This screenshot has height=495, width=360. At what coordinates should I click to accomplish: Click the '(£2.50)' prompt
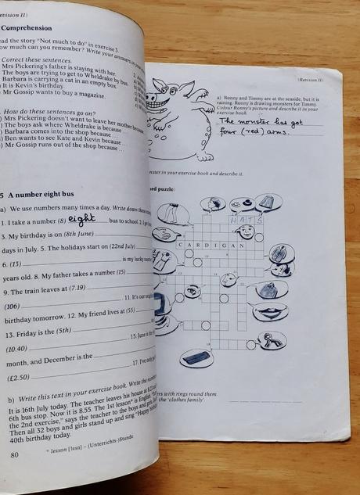pyautogui.click(x=21, y=377)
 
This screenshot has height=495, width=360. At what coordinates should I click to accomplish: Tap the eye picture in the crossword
pyautogui.click(x=193, y=292)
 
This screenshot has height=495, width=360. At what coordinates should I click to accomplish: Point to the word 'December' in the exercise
pyautogui.click(x=74, y=364)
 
